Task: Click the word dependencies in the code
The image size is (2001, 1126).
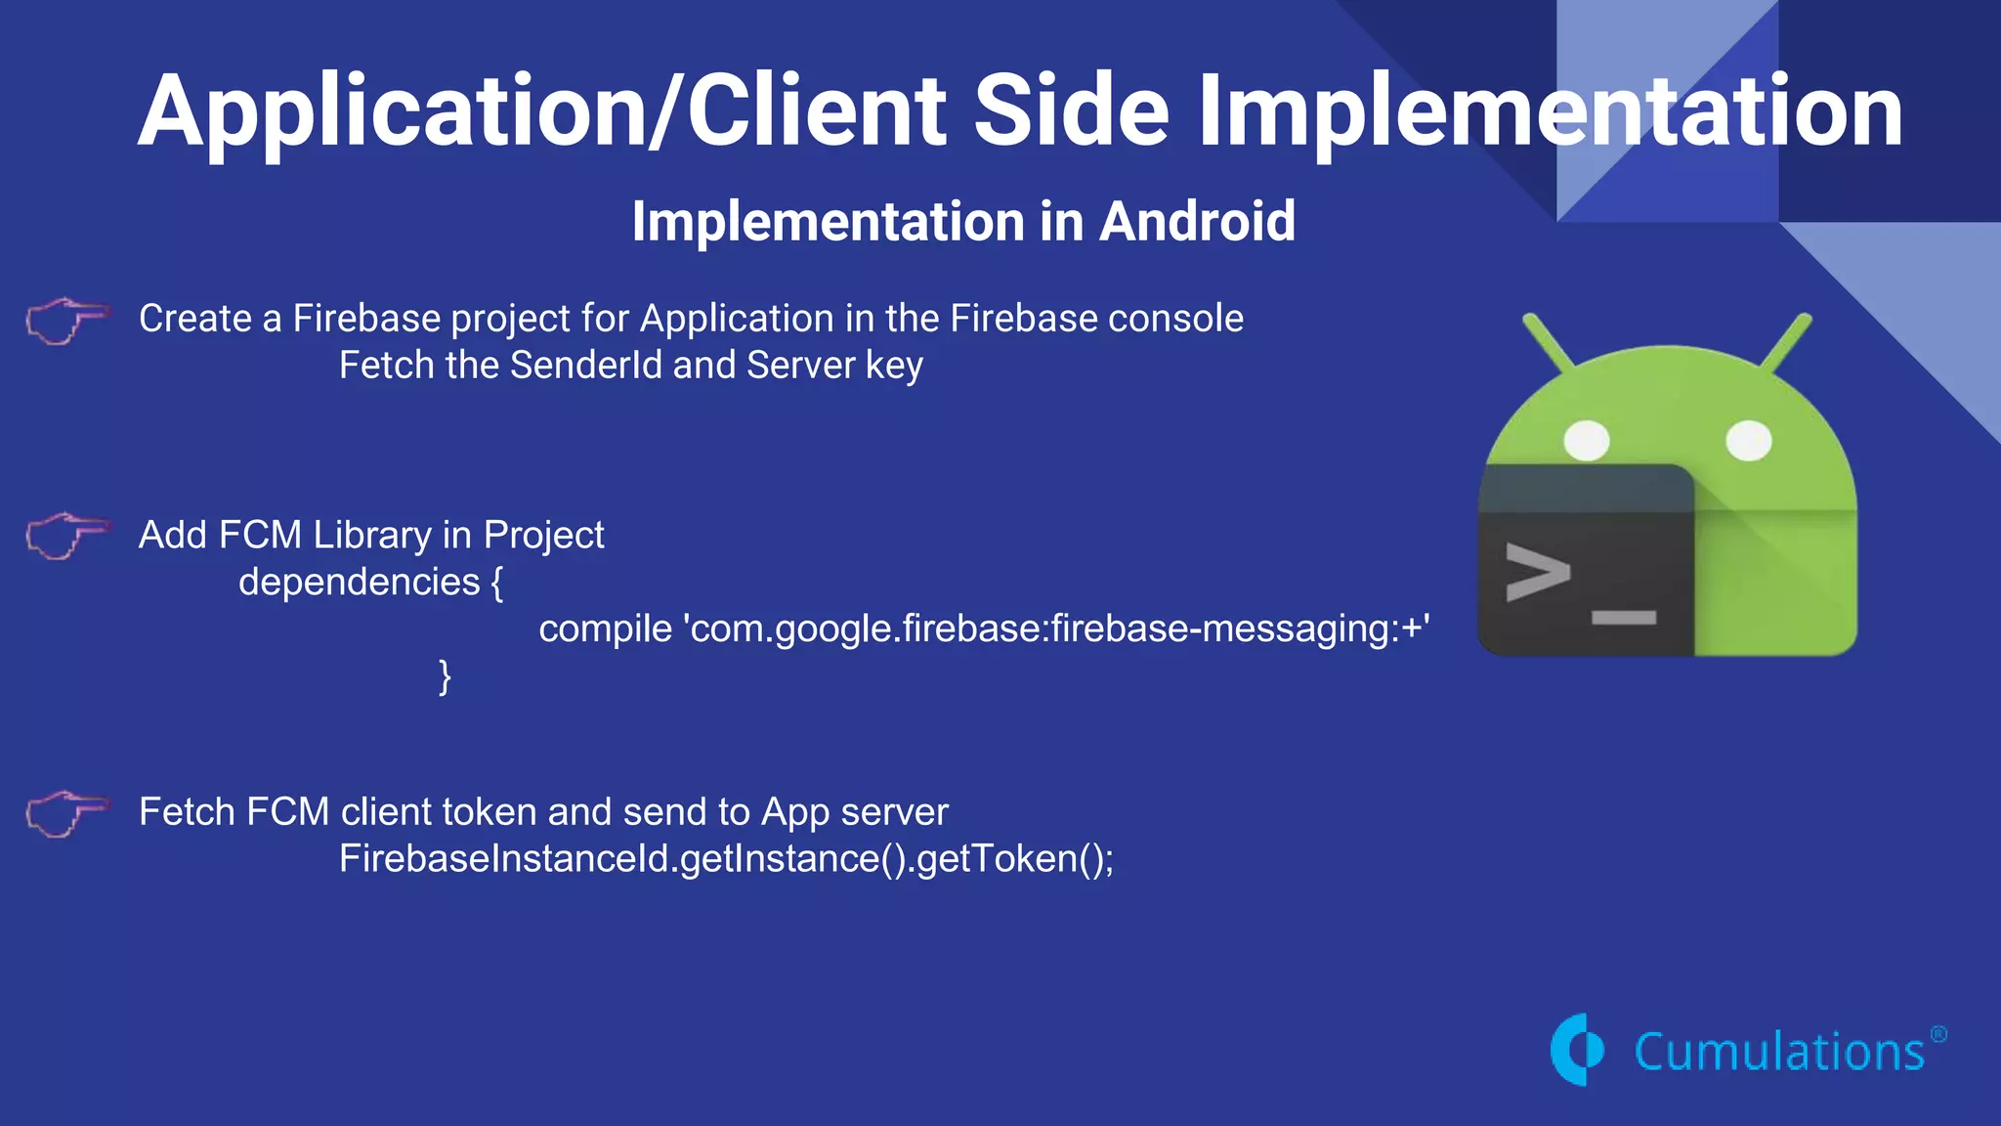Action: coord(359,583)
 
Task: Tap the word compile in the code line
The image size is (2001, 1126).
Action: coord(605,628)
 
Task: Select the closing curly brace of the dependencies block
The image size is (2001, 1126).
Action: coord(445,676)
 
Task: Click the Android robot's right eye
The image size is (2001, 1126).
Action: coord(1749,441)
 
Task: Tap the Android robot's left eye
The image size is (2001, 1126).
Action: coord(1587,441)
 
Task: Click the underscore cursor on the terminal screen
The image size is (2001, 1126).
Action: coord(1624,618)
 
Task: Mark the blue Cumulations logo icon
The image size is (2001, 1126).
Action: coord(1577,1050)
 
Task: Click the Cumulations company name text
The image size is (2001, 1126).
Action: coord(1778,1053)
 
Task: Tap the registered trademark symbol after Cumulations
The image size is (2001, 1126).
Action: coord(1938,1034)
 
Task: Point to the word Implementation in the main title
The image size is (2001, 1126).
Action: coord(1551,111)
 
